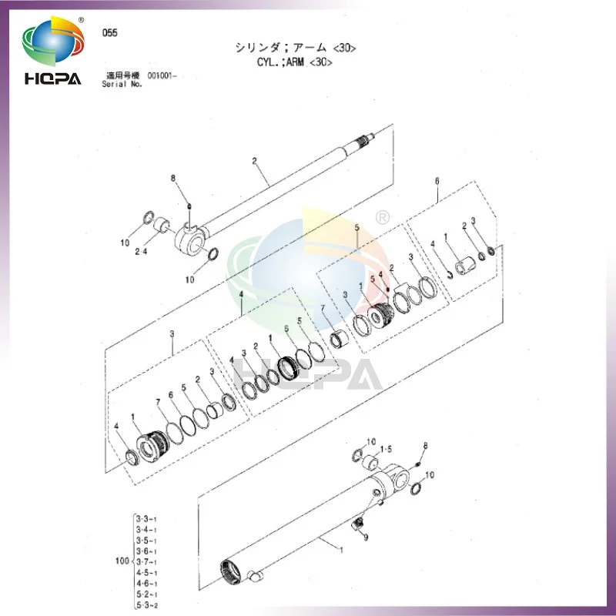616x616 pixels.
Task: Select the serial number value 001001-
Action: (162, 76)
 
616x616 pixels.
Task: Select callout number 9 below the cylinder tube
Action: (365, 537)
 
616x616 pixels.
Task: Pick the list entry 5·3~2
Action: (146, 605)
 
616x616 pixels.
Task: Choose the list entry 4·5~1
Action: (146, 573)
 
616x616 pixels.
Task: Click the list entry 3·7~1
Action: (146, 562)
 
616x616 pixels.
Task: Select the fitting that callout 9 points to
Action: (359, 525)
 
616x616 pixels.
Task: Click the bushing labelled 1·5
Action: (370, 463)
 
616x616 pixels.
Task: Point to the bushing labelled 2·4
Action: (162, 226)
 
